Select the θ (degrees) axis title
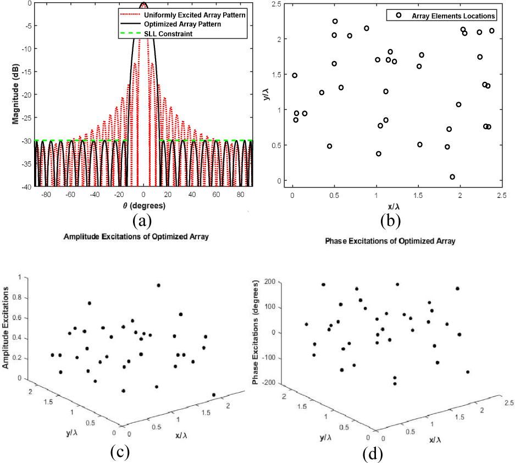pyautogui.click(x=143, y=206)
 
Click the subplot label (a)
pyautogui.click(x=143, y=221)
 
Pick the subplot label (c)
pyautogui.click(x=120, y=452)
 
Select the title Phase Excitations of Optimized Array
pyautogui.click(x=390, y=241)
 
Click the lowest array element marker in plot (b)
pyautogui.click(x=452, y=177)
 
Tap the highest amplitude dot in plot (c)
pyautogui.click(x=159, y=285)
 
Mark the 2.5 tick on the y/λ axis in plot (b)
pyautogui.click(x=280, y=4)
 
